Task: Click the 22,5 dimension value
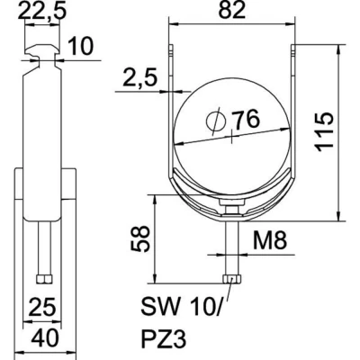click(41, 12)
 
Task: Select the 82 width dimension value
click(232, 10)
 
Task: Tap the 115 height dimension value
click(325, 132)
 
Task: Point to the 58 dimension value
click(139, 238)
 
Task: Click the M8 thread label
click(270, 240)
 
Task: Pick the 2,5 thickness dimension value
click(140, 79)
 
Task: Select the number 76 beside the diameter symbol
click(246, 119)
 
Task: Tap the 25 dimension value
click(42, 308)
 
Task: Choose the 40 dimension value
click(46, 339)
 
